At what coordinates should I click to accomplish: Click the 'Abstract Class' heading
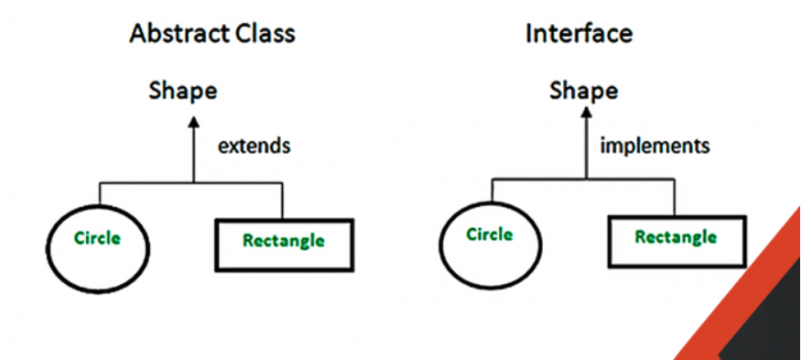pos(212,35)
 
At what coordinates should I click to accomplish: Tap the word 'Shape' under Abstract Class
pos(184,91)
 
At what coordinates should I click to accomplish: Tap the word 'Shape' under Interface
pos(583,91)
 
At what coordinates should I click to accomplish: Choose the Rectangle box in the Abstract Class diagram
pos(284,244)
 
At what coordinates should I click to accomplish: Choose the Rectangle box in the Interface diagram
pos(677,239)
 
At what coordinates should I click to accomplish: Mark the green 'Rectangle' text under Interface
pos(676,237)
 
